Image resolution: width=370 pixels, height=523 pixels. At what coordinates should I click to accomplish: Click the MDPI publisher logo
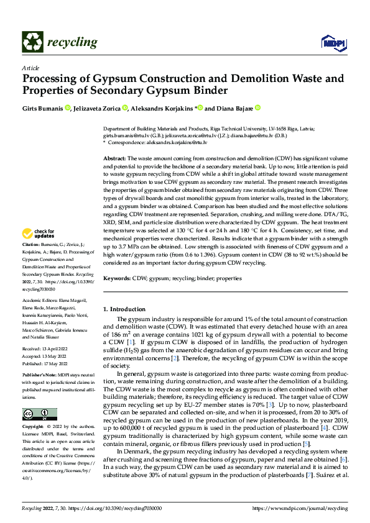pyautogui.click(x=330, y=42)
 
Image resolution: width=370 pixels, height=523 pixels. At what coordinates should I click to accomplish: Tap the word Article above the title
pyautogui.click(x=30, y=68)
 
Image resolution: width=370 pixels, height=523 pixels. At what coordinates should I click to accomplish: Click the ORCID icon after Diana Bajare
pyautogui.click(x=257, y=108)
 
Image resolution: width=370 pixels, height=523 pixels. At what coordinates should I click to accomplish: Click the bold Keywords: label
pyautogui.click(x=117, y=279)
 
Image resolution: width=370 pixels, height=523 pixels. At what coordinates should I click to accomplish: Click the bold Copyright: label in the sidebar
pyautogui.click(x=33, y=427)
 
